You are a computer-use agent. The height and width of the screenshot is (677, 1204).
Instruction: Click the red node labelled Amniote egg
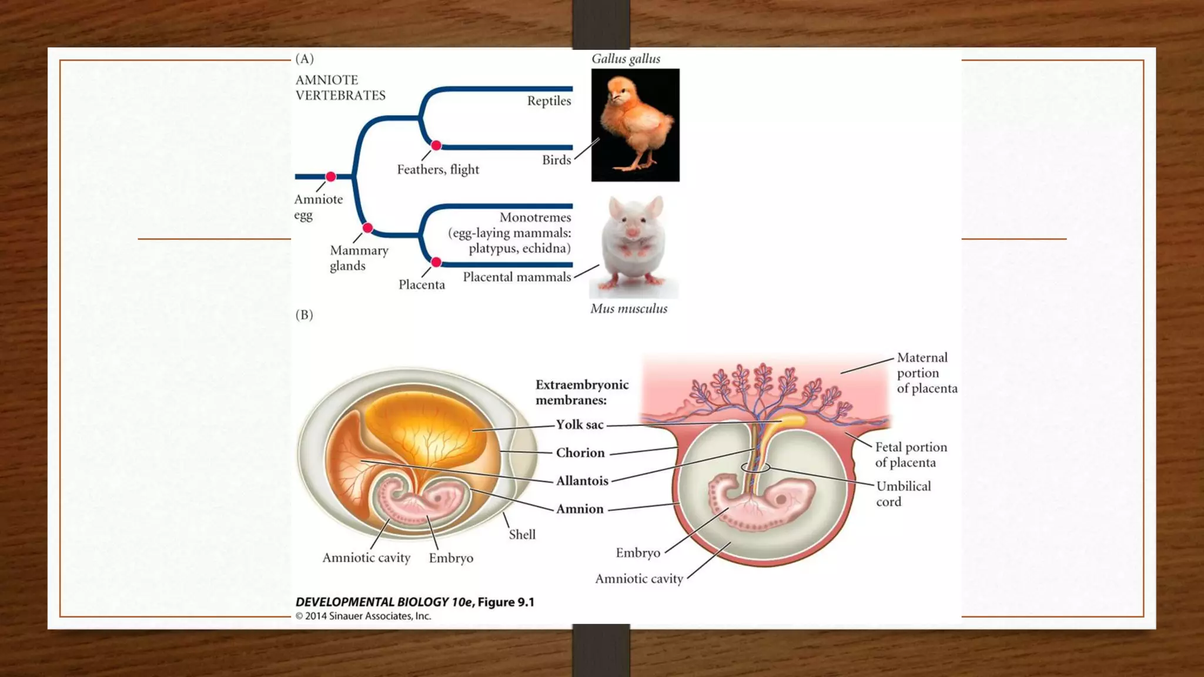tap(331, 176)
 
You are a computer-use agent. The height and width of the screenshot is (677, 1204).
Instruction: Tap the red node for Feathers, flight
tap(436, 145)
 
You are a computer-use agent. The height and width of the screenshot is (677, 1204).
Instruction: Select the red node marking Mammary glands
tap(367, 228)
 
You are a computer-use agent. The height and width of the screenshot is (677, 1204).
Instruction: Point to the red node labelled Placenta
tap(436, 262)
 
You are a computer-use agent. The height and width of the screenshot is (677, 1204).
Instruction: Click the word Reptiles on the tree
tap(549, 101)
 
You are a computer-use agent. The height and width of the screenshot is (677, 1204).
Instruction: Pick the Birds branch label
tap(556, 160)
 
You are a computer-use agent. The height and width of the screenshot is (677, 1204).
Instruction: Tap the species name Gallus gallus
tap(626, 59)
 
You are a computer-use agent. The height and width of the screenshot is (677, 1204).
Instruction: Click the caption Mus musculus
tap(628, 309)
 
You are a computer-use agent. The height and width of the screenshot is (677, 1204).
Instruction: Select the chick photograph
tap(635, 125)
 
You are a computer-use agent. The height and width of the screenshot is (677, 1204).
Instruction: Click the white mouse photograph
tap(634, 247)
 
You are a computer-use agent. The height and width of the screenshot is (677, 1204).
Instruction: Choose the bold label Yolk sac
tap(580, 425)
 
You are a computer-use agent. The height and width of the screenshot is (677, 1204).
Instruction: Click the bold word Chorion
tap(580, 453)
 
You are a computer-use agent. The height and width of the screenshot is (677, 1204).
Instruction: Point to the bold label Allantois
tap(582, 481)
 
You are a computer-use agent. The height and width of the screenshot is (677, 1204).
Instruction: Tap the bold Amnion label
tap(580, 509)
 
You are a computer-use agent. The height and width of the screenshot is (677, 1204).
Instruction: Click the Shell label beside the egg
tap(522, 535)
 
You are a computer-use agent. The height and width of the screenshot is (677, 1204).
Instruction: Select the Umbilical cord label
tap(903, 494)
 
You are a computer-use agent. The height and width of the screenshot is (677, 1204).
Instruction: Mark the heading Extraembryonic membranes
tap(581, 392)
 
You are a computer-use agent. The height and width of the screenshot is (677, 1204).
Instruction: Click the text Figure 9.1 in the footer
tap(506, 602)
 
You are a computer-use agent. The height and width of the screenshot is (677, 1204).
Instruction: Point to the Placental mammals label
tap(517, 277)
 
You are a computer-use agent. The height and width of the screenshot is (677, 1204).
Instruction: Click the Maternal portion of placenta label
tap(926, 373)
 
